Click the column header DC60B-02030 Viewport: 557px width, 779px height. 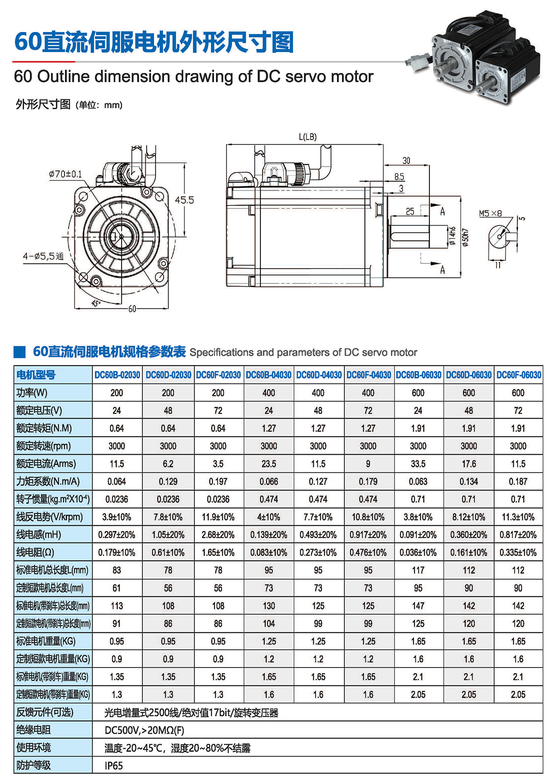click(117, 375)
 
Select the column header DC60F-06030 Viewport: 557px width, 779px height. click(518, 375)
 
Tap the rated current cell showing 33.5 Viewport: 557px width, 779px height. click(418, 464)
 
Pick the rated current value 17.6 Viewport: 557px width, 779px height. click(468, 464)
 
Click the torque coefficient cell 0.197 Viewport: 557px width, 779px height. click(218, 481)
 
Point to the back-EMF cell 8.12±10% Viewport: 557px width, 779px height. click(468, 517)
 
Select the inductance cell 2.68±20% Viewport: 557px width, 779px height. click(218, 535)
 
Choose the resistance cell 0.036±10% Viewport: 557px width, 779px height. click(418, 552)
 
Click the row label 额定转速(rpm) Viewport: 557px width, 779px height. click(44, 446)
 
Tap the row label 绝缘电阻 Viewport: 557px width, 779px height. click(33, 730)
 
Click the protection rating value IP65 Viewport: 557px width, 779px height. click(114, 766)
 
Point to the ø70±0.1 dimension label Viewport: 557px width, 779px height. click(65, 174)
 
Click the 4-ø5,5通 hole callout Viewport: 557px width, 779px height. click(43, 256)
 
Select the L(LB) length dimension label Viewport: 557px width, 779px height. click(308, 137)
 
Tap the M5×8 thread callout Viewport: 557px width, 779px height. click(490, 213)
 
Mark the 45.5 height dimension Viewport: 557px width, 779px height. click(184, 200)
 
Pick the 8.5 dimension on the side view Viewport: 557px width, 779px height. click(399, 177)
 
